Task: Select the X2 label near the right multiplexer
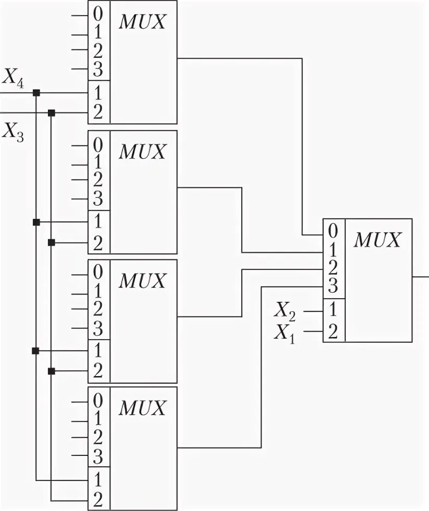coord(285,311)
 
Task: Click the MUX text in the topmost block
coord(143,23)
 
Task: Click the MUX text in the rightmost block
coord(378,240)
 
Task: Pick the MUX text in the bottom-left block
coord(143,409)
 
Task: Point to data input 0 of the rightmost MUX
coord(333,230)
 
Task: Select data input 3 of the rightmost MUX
coord(333,286)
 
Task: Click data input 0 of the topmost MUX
coord(98,14)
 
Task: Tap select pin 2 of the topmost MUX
coord(98,112)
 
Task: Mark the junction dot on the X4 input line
coord(36,93)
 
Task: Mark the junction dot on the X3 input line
coord(51,112)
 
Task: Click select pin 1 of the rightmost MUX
coord(333,311)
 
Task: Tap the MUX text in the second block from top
coord(143,152)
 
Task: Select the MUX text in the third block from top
coord(143,281)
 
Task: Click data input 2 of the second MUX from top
coord(98,180)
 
